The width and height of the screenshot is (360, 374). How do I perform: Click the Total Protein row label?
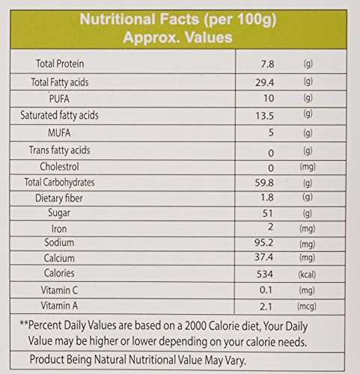(60, 64)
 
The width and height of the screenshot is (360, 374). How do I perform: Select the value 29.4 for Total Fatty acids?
(264, 82)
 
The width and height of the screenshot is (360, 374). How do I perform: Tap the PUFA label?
(59, 99)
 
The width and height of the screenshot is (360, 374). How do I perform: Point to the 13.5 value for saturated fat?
(264, 116)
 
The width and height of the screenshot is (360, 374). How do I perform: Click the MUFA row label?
(59, 132)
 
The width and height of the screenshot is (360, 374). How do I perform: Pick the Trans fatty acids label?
(60, 150)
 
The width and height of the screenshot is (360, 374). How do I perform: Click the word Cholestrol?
(59, 167)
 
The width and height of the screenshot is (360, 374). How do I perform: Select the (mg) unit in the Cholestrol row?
(308, 167)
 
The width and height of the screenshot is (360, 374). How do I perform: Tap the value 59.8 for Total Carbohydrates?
(264, 183)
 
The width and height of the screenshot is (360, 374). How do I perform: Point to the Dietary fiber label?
(59, 198)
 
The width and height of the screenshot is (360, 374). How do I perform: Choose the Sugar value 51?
(267, 213)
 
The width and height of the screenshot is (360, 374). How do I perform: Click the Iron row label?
(59, 229)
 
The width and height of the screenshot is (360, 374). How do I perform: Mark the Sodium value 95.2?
(264, 242)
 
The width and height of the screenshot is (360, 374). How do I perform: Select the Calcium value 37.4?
(264, 257)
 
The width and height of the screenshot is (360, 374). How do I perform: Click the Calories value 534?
(265, 275)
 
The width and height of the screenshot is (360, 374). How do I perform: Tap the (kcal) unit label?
(307, 275)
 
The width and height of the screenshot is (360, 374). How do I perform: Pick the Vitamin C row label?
(59, 290)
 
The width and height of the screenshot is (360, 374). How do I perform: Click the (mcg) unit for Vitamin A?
(307, 306)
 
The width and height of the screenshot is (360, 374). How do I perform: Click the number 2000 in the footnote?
(195, 326)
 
